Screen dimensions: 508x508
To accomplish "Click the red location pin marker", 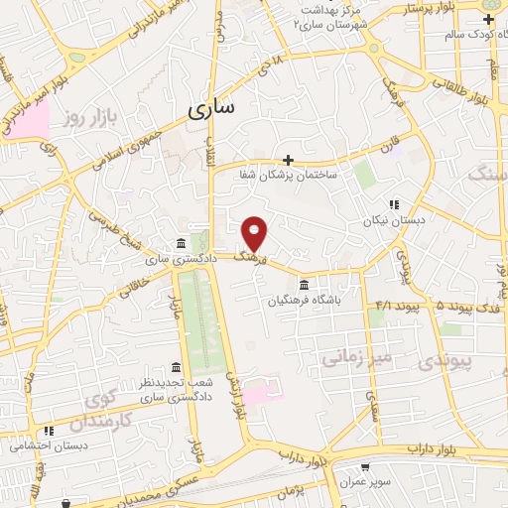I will pos(255,232).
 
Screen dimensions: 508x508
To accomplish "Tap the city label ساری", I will pos(210,108).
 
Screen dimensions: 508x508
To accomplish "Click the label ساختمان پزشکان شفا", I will pos(288,175).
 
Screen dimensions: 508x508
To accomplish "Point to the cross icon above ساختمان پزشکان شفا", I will pos(289,159).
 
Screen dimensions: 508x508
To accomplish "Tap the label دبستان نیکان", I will pos(394,221).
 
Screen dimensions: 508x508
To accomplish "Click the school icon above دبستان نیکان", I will pos(394,205).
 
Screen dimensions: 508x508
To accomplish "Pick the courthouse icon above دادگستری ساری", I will pos(179,243).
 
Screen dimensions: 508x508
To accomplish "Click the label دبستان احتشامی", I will pos(50,444).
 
